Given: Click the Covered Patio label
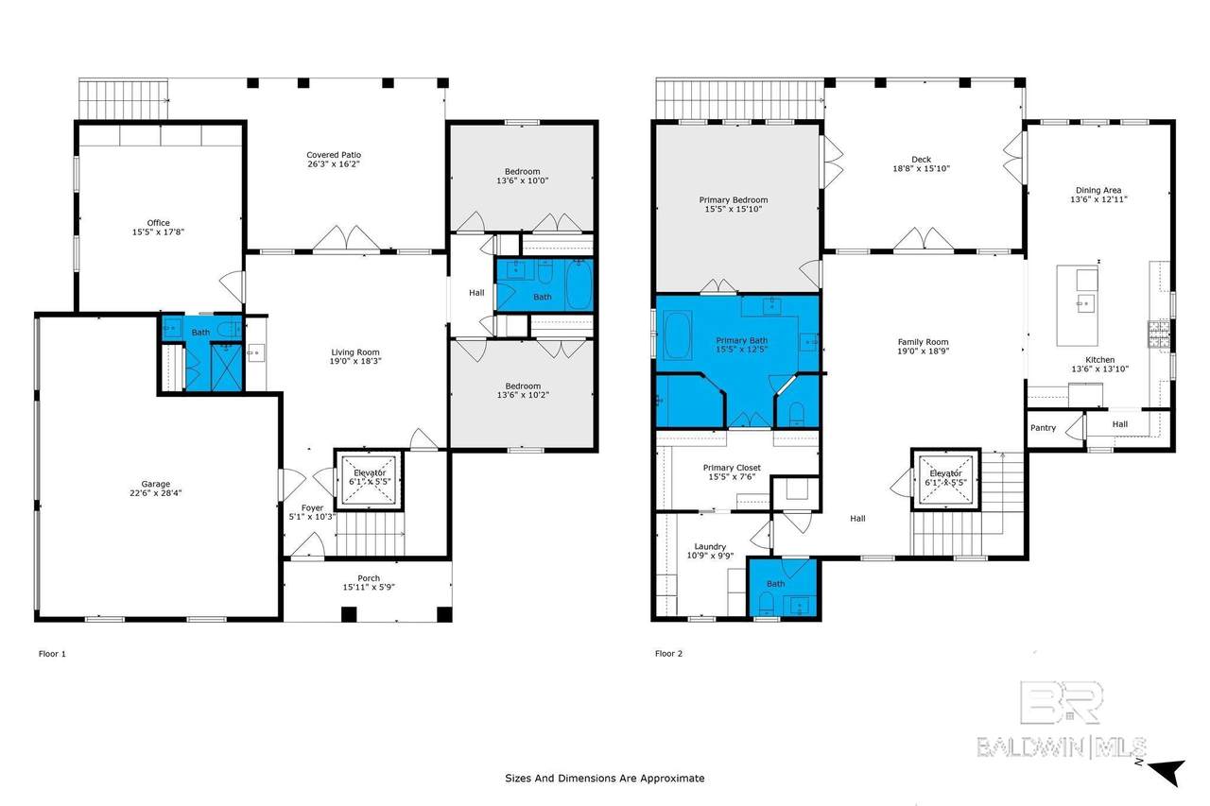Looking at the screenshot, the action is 334,155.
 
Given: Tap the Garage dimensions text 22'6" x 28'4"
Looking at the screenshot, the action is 156,493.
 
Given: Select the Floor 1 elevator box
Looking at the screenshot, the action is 369,479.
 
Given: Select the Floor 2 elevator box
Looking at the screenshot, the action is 946,479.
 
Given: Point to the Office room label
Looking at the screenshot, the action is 158,222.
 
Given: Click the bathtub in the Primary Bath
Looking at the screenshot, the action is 678,335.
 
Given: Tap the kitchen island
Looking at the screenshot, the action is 1078,305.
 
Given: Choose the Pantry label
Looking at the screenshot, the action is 1043,427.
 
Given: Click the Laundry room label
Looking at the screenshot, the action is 710,546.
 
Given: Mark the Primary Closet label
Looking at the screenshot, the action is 732,468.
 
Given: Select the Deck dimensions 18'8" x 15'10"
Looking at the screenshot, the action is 921,168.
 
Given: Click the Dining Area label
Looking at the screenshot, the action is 1098,190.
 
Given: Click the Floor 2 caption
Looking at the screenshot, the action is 668,653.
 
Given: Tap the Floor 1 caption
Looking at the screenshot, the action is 52,654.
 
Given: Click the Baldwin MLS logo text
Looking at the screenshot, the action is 1062,747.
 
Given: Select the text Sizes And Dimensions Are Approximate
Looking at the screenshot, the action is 604,778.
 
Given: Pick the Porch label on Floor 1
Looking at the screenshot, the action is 369,578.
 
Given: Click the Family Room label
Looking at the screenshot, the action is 924,342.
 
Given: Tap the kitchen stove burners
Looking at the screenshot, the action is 1158,334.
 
